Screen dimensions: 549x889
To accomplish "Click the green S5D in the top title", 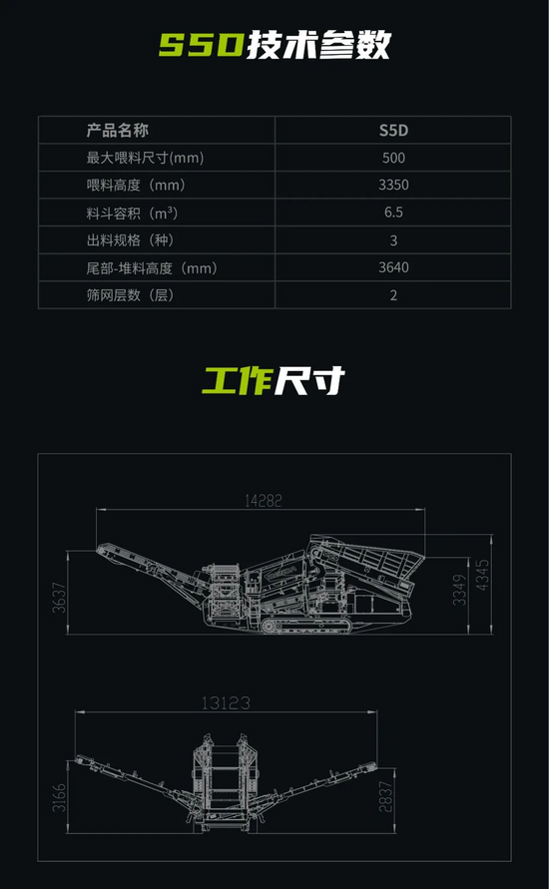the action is [x=202, y=45].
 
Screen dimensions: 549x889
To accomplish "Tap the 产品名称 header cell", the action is [x=118, y=130].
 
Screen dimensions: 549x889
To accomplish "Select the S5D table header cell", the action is [x=393, y=131].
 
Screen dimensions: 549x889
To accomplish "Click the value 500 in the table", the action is [x=393, y=158].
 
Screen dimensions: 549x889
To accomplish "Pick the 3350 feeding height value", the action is [x=393, y=185].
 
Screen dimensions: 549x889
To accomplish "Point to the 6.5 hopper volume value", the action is [x=393, y=213].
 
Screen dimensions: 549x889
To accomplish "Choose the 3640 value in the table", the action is [x=393, y=267].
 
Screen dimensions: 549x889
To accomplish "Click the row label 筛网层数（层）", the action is [x=130, y=294].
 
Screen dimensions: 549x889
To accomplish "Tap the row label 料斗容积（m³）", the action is [x=132, y=213].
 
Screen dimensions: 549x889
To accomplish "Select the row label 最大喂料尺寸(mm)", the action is [x=145, y=158].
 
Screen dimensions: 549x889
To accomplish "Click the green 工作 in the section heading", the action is [x=238, y=380].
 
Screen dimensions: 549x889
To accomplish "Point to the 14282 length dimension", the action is [x=264, y=501].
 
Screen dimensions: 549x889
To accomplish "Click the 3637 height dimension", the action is [x=59, y=598].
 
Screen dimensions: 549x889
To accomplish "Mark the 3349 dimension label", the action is [x=459, y=591].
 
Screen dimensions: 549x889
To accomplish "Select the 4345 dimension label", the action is [x=482, y=575].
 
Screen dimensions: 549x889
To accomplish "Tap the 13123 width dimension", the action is [x=226, y=703].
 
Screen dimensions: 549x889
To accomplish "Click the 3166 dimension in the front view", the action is [x=59, y=798].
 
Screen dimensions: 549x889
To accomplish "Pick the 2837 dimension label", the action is [x=385, y=796].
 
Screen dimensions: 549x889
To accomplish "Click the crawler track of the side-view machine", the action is [x=306, y=626].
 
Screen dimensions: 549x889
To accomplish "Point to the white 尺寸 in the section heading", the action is [x=310, y=380].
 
